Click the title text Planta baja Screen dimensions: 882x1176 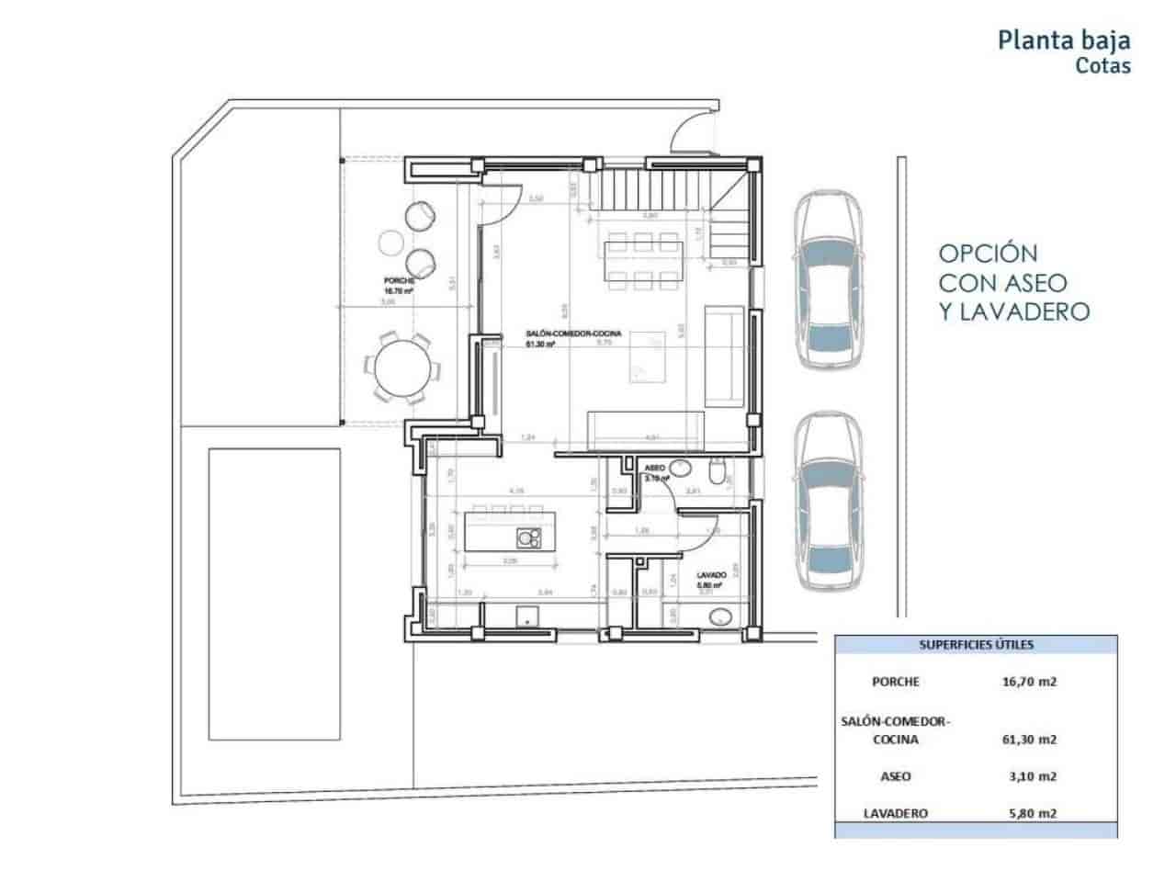pyautogui.click(x=1064, y=40)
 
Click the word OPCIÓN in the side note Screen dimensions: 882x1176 pyautogui.click(x=988, y=253)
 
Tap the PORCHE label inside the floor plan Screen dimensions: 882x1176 pyautogui.click(x=399, y=280)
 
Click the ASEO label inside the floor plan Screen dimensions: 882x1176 pyautogui.click(x=655, y=468)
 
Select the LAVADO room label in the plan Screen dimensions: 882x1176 pyautogui.click(x=712, y=575)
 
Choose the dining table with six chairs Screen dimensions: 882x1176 pyautogui.click(x=643, y=259)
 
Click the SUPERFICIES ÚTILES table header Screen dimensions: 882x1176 pyautogui.click(x=976, y=645)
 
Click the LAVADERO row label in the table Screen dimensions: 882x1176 pyautogui.click(x=896, y=813)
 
